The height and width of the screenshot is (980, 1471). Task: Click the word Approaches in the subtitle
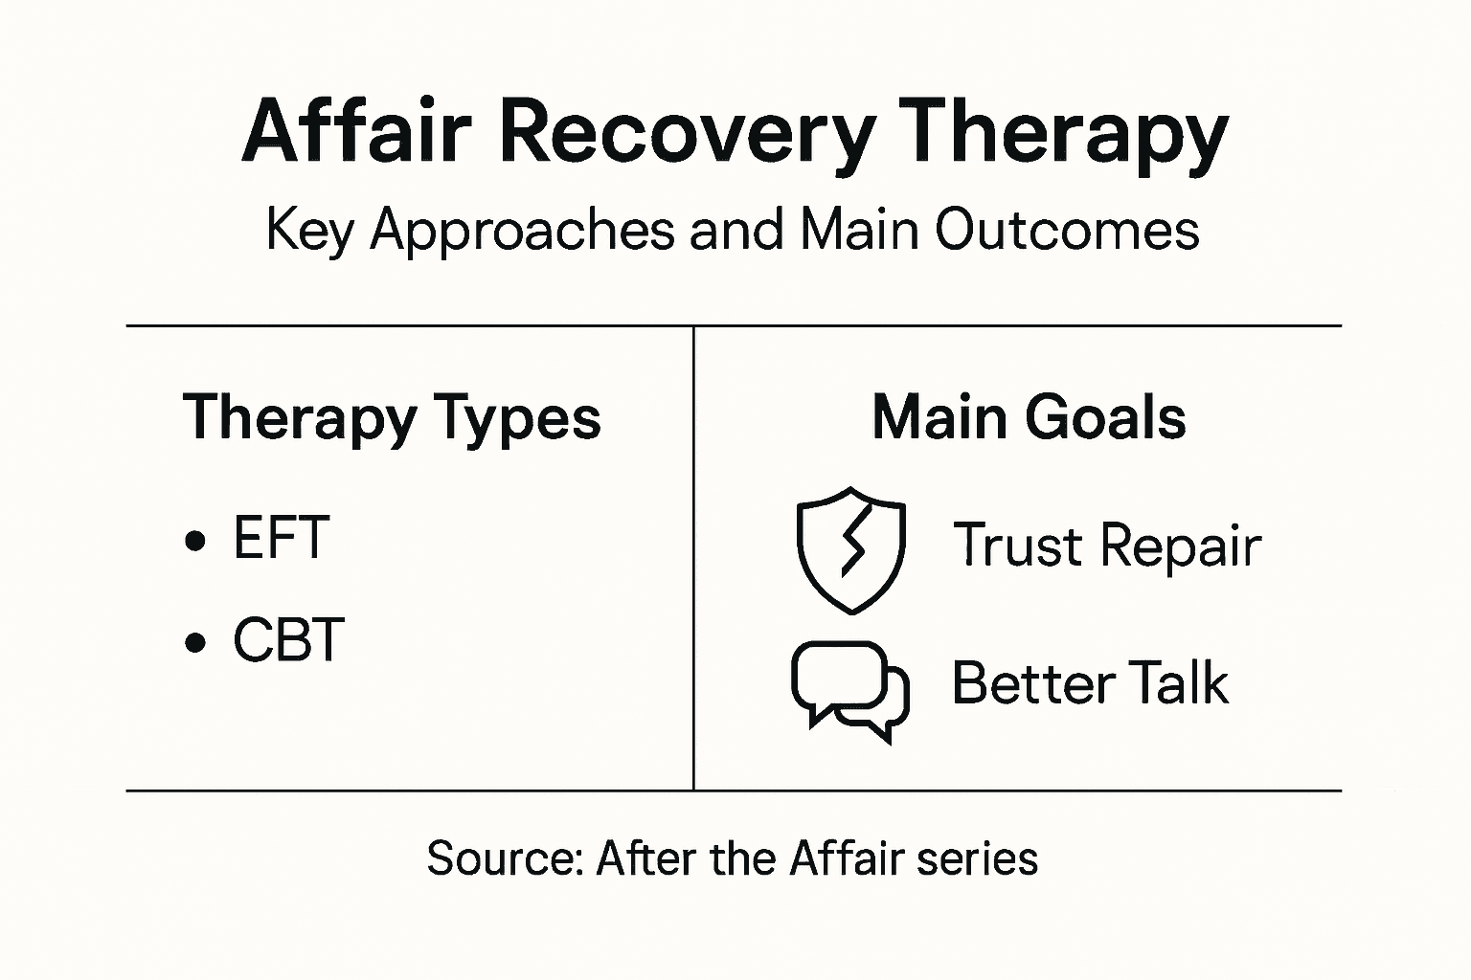(x=522, y=232)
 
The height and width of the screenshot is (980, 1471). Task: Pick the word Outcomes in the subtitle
(x=1067, y=232)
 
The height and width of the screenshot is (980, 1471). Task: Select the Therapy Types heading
(x=392, y=418)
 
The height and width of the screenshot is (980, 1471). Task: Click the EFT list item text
(x=282, y=538)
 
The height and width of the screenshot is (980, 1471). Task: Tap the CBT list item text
(x=288, y=640)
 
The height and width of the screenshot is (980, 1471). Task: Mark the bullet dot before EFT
(x=195, y=542)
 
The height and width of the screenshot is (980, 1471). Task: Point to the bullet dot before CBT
(x=195, y=643)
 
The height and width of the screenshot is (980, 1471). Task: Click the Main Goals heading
(x=1029, y=418)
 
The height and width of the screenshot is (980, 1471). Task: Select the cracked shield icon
(x=850, y=549)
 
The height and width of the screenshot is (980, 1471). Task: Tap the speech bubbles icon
(x=850, y=690)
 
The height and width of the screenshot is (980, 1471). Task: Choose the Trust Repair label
(x=1107, y=546)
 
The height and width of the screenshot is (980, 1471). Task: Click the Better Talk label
(x=1090, y=683)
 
